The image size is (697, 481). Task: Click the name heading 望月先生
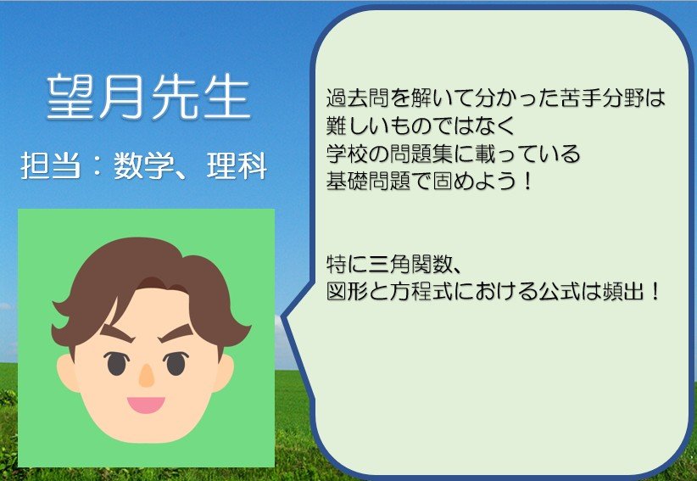(148, 97)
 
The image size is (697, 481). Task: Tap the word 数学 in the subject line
(143, 165)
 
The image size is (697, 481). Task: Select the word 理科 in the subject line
(237, 165)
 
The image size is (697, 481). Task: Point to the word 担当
(51, 165)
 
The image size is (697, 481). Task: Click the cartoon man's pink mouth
(146, 405)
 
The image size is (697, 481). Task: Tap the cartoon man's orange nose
(146, 375)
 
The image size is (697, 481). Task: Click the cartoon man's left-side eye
(116, 363)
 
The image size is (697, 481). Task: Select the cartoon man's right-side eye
(176, 363)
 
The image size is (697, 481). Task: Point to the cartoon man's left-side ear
(67, 372)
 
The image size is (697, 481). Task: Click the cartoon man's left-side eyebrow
(116, 333)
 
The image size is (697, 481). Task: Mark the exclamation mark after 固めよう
(527, 181)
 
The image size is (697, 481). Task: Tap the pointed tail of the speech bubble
(282, 317)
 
